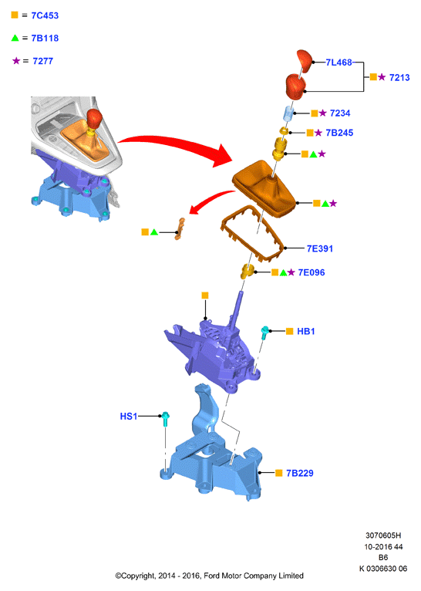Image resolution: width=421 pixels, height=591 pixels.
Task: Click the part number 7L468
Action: point(339,62)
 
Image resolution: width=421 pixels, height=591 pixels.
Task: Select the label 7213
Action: point(399,78)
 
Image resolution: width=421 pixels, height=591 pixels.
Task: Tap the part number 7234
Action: point(340,113)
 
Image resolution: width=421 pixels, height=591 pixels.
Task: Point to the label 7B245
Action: point(339,133)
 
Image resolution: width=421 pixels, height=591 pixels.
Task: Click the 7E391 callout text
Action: point(320,248)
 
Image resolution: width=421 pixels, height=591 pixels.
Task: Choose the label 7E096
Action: point(312,272)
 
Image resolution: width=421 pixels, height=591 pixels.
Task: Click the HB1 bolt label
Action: point(306,331)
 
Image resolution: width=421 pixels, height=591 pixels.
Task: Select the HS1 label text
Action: point(129,416)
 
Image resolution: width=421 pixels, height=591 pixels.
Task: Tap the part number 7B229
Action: point(300,473)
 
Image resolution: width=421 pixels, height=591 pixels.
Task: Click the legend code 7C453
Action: point(45,15)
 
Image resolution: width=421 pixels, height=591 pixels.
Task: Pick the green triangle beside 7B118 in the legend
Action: point(15,38)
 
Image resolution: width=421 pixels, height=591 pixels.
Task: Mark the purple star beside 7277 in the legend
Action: point(16,61)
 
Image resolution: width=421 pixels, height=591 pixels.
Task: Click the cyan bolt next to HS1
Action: point(165,419)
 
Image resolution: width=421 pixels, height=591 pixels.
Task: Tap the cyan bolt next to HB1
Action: point(264,333)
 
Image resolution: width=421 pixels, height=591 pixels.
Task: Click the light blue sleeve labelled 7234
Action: point(289,113)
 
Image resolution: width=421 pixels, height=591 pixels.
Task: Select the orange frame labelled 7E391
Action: point(278,247)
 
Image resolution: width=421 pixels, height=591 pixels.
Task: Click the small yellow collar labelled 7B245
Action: point(284,131)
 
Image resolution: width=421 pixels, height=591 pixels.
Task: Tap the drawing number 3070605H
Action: point(383,535)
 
